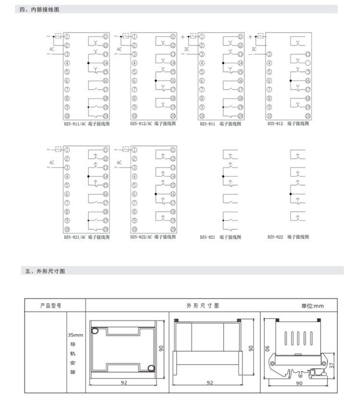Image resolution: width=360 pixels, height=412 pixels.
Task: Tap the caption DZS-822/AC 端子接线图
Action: [x=153, y=237]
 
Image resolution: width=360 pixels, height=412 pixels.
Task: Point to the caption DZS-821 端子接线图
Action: [x=220, y=237]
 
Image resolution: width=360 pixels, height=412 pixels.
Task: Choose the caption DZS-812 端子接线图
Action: [x=288, y=123]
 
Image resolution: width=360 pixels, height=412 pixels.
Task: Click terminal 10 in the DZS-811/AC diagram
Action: [x=67, y=116]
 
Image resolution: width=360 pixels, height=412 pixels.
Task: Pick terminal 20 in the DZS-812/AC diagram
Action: [x=172, y=116]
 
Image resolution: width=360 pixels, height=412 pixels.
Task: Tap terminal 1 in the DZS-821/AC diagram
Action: [x=67, y=150]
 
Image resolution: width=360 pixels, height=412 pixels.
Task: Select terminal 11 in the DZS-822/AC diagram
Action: [x=172, y=150]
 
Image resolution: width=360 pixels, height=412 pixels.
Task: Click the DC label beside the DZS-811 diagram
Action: [x=187, y=49]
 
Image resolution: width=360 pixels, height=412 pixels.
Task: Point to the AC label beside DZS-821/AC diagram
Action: [x=52, y=162]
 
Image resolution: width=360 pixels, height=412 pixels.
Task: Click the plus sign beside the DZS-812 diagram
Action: [x=250, y=36]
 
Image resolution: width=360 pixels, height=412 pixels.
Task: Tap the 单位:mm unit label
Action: [x=312, y=305]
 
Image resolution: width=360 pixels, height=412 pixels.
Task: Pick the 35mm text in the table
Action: [x=75, y=335]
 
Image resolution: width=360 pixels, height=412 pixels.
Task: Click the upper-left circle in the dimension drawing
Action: [x=96, y=330]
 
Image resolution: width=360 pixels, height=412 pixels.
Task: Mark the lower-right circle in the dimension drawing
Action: [x=151, y=368]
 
